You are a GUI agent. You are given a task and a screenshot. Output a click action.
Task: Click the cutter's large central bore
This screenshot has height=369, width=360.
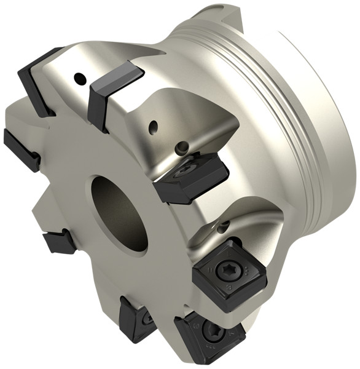click(120, 213)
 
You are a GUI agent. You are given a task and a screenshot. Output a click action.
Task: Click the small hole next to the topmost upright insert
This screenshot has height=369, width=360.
click(79, 78)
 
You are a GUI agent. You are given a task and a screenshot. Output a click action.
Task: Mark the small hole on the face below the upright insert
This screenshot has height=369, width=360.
click(154, 127)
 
